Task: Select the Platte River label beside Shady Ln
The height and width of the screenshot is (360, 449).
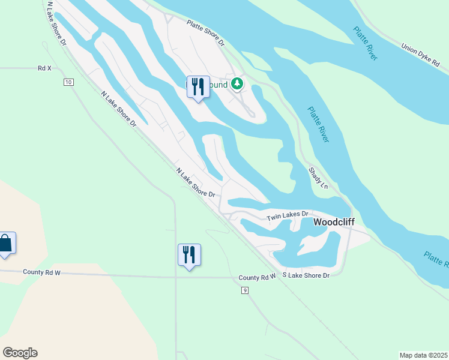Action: pyautogui.click(x=318, y=124)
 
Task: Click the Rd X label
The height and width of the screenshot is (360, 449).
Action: pyautogui.click(x=44, y=68)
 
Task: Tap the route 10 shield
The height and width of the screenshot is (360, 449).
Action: pyautogui.click(x=69, y=82)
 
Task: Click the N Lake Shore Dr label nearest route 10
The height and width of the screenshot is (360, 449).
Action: pyautogui.click(x=119, y=109)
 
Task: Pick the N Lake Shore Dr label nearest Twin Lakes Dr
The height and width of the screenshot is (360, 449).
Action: pyautogui.click(x=196, y=182)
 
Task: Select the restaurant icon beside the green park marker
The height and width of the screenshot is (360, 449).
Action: pyautogui.click(x=198, y=87)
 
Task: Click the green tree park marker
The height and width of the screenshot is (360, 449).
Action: pyautogui.click(x=238, y=83)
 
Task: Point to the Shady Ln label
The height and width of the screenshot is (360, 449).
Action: pyautogui.click(x=318, y=178)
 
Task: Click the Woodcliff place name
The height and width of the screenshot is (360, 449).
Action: pyautogui.click(x=334, y=222)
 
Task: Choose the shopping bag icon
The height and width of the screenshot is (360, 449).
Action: pyautogui.click(x=6, y=243)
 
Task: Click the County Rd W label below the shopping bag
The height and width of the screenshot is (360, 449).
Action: pyautogui.click(x=42, y=273)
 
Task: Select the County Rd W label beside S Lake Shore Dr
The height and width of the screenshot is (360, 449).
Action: pyautogui.click(x=256, y=277)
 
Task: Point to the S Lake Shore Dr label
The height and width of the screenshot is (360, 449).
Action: pyautogui.click(x=305, y=275)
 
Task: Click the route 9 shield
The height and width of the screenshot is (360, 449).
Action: pyautogui.click(x=245, y=291)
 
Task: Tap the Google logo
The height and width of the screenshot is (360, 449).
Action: pyautogui.click(x=20, y=353)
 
